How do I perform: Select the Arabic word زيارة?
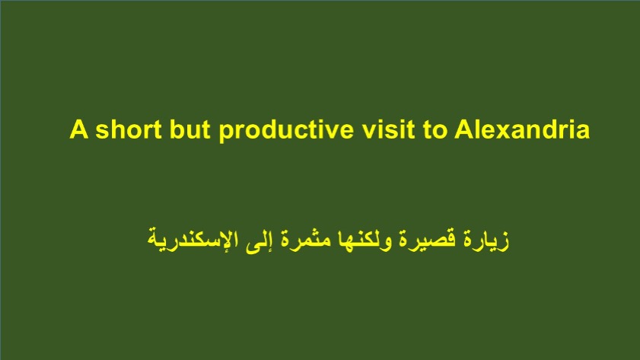pyautogui.click(x=486, y=240)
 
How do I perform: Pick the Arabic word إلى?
pyautogui.click(x=259, y=241)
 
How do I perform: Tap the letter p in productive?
pyautogui.click(x=226, y=134)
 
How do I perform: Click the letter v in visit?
pyautogui.click(x=368, y=132)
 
